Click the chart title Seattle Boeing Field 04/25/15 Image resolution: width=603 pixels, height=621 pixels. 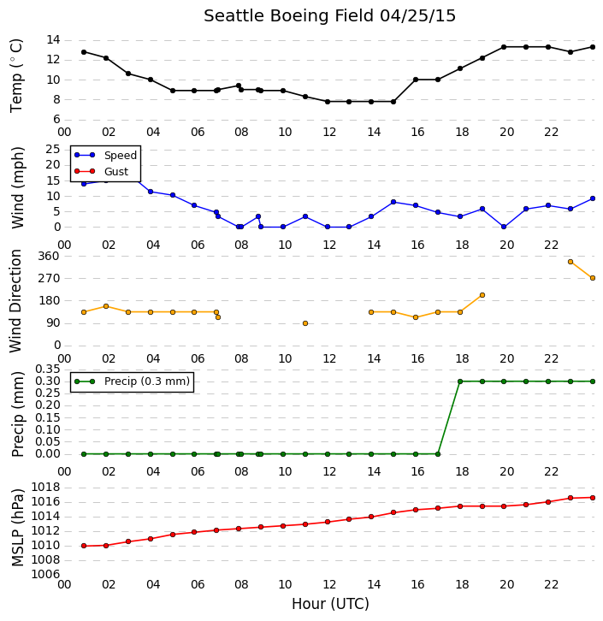pyautogui.click(x=329, y=16)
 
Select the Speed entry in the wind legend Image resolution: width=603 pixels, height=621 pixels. pyautogui.click(x=106, y=156)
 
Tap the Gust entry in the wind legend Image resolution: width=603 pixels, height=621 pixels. pyautogui.click(x=102, y=171)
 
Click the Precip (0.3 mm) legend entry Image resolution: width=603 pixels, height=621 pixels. pyautogui.click(x=133, y=381)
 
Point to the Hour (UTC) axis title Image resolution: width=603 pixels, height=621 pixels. pyautogui.click(x=330, y=604)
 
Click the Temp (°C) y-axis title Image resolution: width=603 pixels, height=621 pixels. pyautogui.click(x=16, y=75)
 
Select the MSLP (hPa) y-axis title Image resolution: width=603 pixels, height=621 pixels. pyautogui.click(x=18, y=527)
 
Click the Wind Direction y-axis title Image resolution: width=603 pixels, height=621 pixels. pyautogui.click(x=15, y=301)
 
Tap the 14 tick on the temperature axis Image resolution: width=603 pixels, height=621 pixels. pyautogui.click(x=53, y=39)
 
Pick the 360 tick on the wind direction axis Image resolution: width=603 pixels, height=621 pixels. pyautogui.click(x=49, y=257)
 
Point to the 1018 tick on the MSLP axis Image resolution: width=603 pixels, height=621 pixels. pyautogui.click(x=45, y=488)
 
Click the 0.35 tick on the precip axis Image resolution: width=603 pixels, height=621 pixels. pyautogui.click(x=48, y=370)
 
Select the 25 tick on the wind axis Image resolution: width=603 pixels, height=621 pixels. pyautogui.click(x=53, y=150)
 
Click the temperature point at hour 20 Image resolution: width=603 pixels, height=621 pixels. pyautogui.click(x=504, y=47)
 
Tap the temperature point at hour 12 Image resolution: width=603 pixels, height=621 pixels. pyautogui.click(x=328, y=102)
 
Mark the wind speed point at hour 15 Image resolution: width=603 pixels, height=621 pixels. pyautogui.click(x=393, y=202)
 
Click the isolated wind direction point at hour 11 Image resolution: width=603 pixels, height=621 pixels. pyautogui.click(x=305, y=323)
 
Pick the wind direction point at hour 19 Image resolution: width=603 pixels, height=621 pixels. pyautogui.click(x=482, y=295)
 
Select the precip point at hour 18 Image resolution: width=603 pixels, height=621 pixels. pyautogui.click(x=460, y=381)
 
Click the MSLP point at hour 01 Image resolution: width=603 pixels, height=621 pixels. pyautogui.click(x=84, y=546)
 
